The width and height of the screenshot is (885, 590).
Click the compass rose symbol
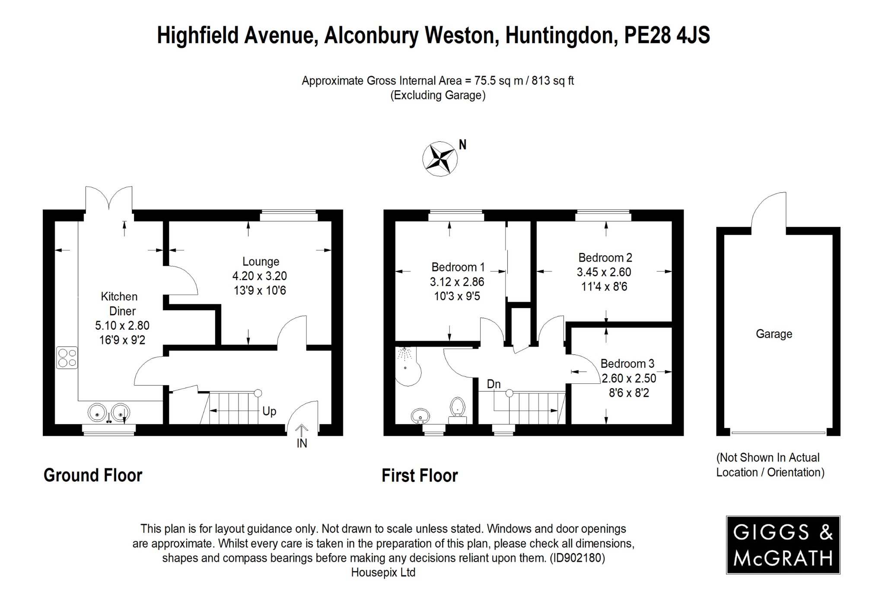point(440,159)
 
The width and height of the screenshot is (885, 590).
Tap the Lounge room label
point(261,262)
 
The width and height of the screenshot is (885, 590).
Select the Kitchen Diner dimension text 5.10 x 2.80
point(122,325)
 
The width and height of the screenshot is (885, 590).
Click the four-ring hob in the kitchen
point(67,358)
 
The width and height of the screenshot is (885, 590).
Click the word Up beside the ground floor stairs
point(269,411)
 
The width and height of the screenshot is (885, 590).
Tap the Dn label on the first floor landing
point(493,384)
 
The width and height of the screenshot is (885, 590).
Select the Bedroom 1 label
point(458,267)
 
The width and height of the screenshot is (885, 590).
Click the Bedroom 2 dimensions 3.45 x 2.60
point(604,272)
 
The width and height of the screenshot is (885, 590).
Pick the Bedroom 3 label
point(627,364)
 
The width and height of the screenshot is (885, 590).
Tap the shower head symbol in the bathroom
point(405,354)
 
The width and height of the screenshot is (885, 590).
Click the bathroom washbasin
point(420,416)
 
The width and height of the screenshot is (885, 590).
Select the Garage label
point(774,334)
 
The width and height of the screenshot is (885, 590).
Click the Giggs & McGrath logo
point(783,545)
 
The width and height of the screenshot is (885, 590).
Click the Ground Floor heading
point(93,475)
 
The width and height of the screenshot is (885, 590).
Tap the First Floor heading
point(419,475)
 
